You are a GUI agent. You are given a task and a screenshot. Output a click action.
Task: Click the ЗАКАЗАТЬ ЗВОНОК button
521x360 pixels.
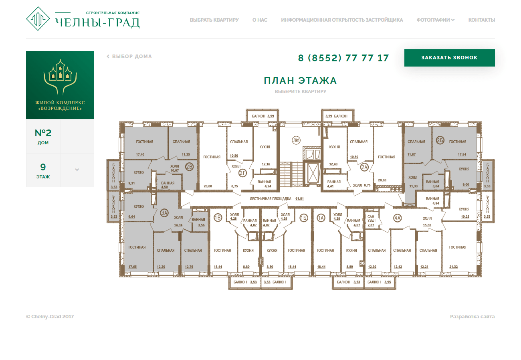tap(449, 58)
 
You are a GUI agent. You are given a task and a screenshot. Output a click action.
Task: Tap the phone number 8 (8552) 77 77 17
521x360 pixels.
tap(343, 58)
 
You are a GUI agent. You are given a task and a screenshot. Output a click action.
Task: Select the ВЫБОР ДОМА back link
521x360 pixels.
tap(129, 56)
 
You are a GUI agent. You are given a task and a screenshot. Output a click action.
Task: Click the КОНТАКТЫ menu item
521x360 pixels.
tap(481, 20)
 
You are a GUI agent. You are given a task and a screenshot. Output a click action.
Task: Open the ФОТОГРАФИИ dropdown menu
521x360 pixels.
tap(435, 20)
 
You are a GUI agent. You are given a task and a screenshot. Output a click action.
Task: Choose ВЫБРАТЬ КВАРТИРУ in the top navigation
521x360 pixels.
tap(214, 20)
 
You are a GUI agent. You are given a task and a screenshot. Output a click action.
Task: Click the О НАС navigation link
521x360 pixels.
tap(260, 20)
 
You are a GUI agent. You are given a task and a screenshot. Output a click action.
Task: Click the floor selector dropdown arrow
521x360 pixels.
tap(77, 170)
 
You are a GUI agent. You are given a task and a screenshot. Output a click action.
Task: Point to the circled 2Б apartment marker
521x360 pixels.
tap(440, 140)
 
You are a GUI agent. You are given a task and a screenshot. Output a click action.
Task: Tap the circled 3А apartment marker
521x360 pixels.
tap(164, 213)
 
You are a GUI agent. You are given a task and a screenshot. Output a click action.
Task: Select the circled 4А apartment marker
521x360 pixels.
tap(397, 218)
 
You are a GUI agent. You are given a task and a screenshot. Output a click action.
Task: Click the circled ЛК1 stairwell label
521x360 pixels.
tap(296, 140)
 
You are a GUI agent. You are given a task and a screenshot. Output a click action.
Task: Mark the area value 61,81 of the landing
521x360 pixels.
tap(299, 198)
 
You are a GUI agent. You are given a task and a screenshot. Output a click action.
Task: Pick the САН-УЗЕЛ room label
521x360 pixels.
tap(371, 218)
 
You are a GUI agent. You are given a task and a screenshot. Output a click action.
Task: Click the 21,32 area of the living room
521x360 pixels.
tap(453, 267)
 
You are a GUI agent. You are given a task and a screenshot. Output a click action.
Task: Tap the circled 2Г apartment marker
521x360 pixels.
tap(242, 173)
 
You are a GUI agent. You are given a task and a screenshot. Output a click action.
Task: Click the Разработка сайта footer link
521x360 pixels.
tap(473, 316)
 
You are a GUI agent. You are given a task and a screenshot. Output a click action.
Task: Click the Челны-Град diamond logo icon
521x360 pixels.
tap(38, 18)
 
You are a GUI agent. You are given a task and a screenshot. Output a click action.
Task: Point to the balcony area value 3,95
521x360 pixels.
tap(388, 282)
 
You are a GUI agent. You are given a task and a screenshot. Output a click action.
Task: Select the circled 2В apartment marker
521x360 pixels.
tap(189, 167)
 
